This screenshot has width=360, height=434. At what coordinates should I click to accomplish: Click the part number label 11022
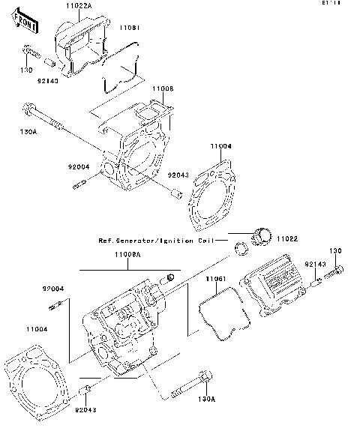point(287,238)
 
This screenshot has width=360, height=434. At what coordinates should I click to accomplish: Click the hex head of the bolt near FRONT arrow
point(28,52)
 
